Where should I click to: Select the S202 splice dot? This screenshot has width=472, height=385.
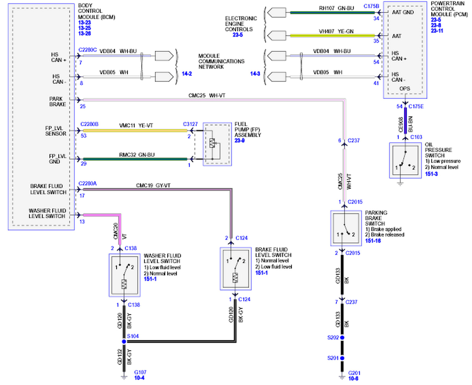point(342,338)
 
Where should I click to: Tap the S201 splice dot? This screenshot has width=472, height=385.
point(342,358)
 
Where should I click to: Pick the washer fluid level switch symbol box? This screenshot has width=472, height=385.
point(124,275)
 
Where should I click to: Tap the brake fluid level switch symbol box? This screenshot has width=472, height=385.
point(235,268)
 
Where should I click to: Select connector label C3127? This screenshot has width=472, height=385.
point(190,124)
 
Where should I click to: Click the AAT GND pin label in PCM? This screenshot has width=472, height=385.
point(402,12)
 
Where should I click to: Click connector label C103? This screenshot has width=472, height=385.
point(416,137)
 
